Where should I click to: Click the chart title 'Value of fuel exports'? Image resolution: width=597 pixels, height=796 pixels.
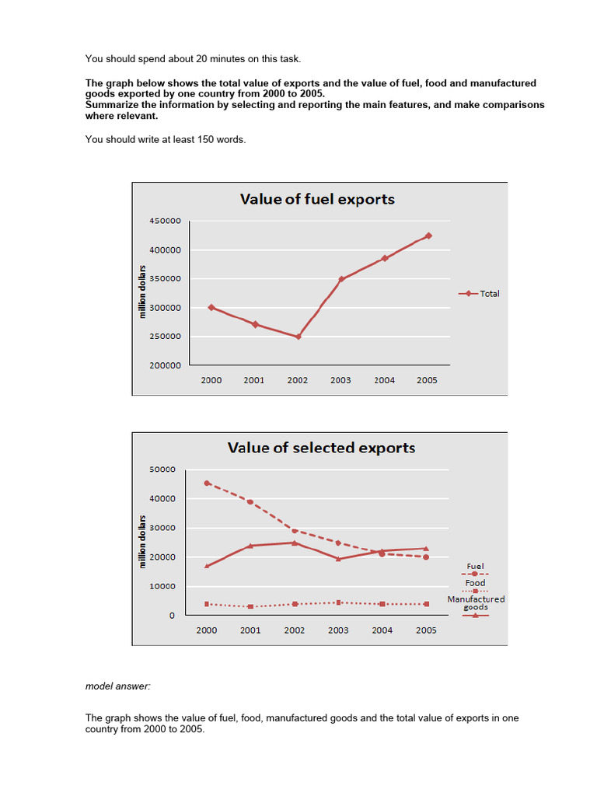[x=317, y=199]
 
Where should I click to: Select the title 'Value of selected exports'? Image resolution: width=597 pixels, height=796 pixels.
[x=321, y=448]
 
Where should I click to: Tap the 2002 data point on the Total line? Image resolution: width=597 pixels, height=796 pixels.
[x=298, y=337]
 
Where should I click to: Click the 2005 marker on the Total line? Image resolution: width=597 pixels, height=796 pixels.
[x=428, y=236]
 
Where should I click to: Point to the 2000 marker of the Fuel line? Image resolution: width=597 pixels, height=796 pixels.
[x=206, y=483]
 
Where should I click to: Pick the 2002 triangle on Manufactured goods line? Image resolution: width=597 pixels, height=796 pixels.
[x=294, y=543]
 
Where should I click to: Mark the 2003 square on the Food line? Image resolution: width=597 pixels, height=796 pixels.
[x=338, y=602]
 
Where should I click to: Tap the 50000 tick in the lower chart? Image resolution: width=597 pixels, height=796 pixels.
[x=162, y=470]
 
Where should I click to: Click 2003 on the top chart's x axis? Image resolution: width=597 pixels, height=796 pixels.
[x=340, y=380]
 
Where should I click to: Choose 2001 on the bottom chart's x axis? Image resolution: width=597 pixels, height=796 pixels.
[x=250, y=630]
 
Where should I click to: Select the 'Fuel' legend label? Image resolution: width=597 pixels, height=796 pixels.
[x=475, y=567]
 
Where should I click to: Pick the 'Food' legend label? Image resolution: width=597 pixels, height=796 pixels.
[x=475, y=583]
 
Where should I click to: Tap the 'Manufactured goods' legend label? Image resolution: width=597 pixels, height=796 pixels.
[x=476, y=602]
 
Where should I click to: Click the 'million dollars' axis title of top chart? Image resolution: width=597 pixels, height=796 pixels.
[x=143, y=292]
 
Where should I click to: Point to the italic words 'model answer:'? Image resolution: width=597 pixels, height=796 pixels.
[x=116, y=686]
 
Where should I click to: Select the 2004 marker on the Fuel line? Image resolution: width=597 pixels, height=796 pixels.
[x=382, y=553]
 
